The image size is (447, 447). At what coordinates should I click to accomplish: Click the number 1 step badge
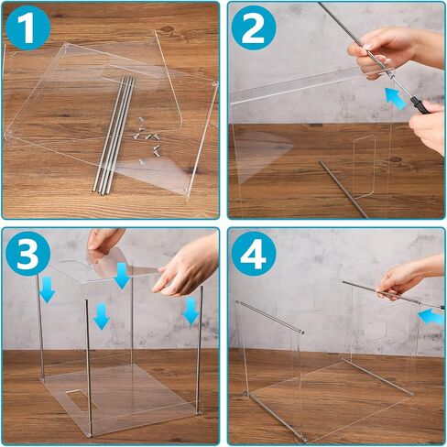27,27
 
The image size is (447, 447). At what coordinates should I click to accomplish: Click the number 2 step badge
254,27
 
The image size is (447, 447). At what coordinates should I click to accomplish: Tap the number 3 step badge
27,254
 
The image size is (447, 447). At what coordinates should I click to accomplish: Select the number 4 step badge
254,254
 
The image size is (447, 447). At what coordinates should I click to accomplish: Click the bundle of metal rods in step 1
113,135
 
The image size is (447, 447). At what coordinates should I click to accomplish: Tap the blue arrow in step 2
396,98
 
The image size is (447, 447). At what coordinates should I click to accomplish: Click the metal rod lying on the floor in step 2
343,190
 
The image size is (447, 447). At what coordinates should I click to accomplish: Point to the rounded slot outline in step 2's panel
364,167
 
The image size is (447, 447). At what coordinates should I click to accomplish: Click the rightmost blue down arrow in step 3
191,311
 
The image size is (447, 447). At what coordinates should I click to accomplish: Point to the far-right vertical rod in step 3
200,350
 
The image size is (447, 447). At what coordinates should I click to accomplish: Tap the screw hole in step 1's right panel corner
213,83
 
